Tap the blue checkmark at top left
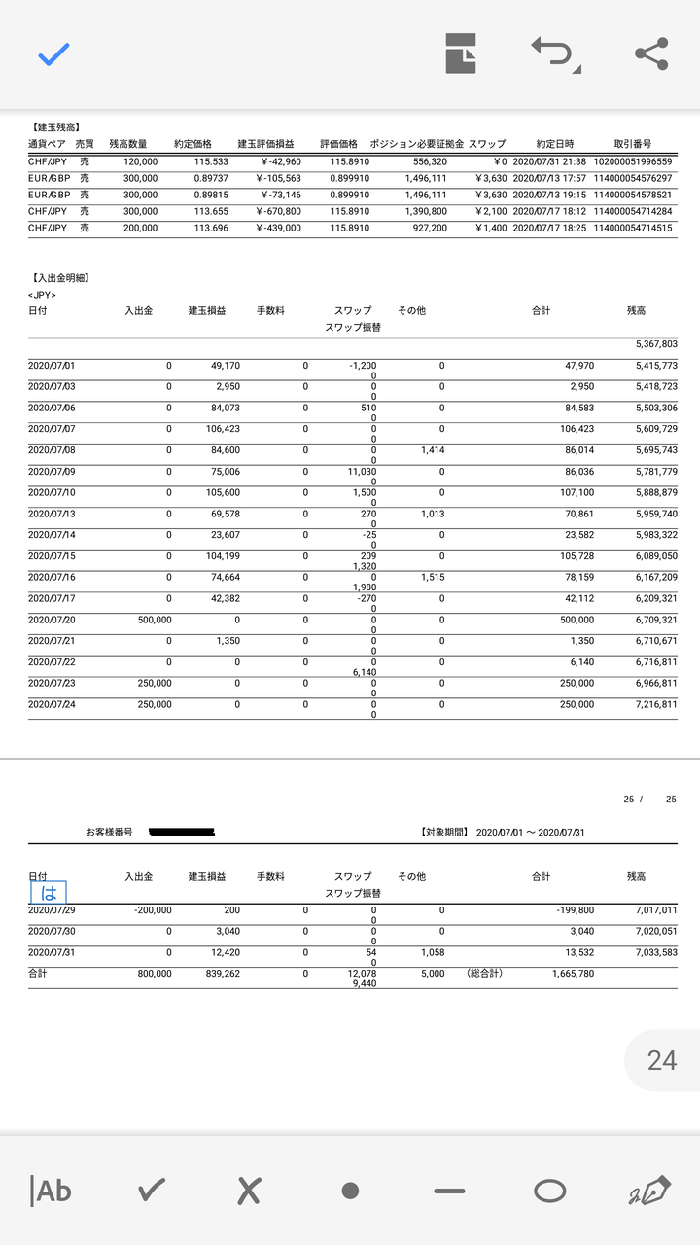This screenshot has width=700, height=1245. [x=53, y=54]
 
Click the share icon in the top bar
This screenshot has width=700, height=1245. [x=650, y=54]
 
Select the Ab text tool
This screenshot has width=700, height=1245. [x=52, y=1190]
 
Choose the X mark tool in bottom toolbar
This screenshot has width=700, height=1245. [x=250, y=1190]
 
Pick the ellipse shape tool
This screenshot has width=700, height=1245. [x=550, y=1190]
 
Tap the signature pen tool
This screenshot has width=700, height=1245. [x=649, y=1190]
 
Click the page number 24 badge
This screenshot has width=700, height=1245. [x=662, y=1059]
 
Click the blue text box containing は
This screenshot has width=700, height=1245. [x=49, y=892]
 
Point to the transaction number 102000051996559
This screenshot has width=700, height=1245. [x=632, y=161]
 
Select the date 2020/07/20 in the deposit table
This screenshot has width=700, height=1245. [x=52, y=620]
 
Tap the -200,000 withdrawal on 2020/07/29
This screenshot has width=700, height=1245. [x=153, y=910]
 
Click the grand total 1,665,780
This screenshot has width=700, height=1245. [x=573, y=973]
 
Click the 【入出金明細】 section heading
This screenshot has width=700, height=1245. [x=59, y=278]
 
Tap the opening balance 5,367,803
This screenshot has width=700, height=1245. [x=655, y=344]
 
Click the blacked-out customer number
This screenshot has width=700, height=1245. [x=181, y=833]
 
